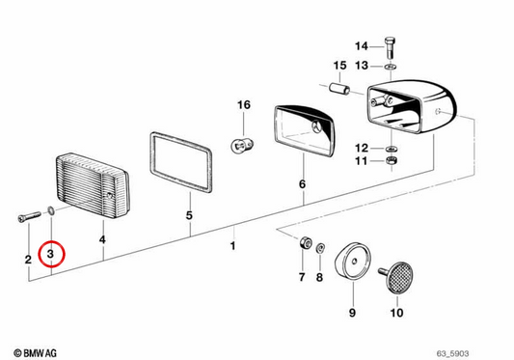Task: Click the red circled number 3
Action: point(51,254)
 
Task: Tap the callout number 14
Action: point(362,46)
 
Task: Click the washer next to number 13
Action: point(389,67)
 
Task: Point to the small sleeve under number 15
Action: point(339,89)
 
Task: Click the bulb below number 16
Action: point(242,145)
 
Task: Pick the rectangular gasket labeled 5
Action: point(181,162)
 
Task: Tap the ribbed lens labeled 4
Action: point(94,186)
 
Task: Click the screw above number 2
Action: point(29,216)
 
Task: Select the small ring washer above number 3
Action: point(51,210)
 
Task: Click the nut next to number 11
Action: point(392,161)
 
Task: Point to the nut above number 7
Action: point(304,243)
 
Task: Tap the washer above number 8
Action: point(320,248)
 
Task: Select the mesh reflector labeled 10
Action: point(396,278)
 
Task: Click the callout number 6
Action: point(302,184)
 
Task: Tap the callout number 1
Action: point(232,246)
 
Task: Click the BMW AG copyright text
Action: point(35,353)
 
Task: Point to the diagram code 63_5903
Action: point(452,353)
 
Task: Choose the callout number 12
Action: point(362,149)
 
